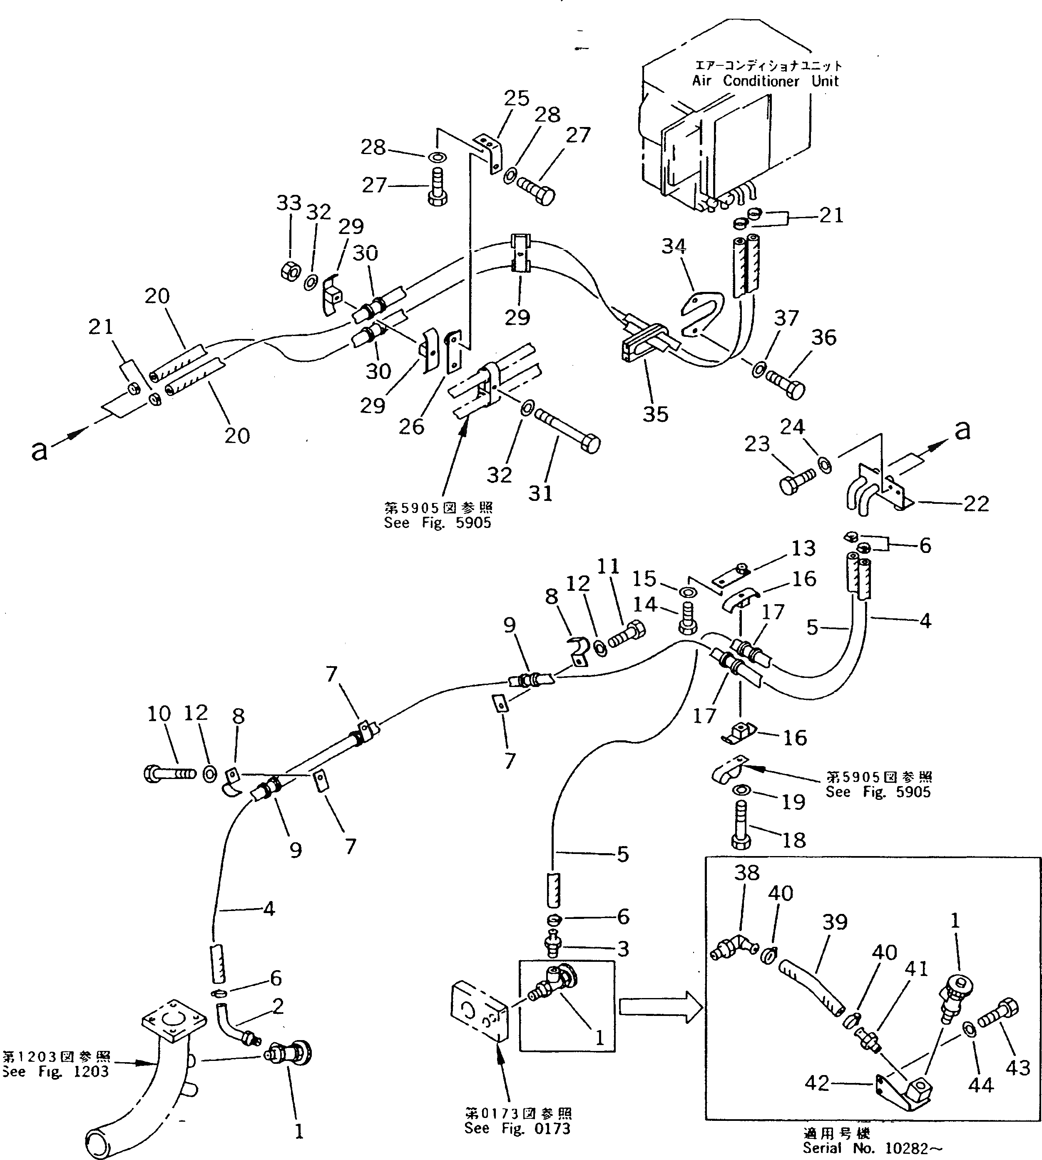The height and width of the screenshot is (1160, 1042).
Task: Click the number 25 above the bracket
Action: pos(516,99)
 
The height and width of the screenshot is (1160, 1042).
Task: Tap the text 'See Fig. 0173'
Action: pos(517,1128)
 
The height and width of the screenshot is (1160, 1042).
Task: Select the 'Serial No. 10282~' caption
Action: pos(871,1148)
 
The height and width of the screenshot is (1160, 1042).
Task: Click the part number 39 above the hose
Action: pos(834,922)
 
